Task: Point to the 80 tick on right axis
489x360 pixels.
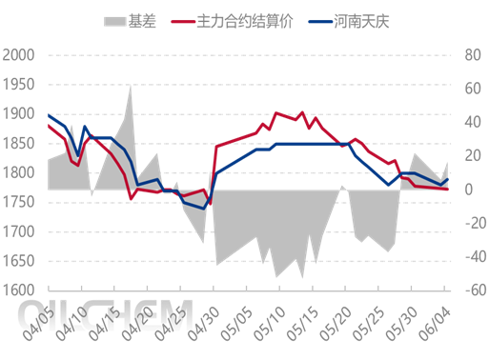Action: [x=467, y=55]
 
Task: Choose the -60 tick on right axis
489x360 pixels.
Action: [x=469, y=290]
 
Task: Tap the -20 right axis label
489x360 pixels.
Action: [x=469, y=224]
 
